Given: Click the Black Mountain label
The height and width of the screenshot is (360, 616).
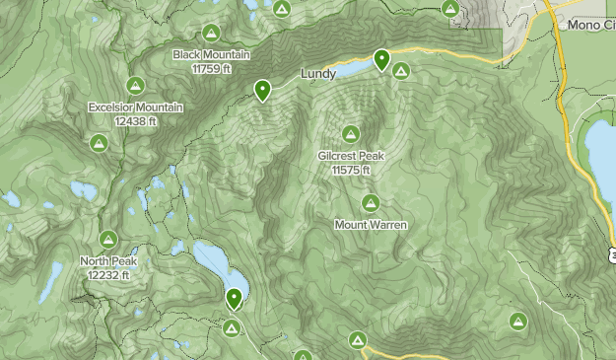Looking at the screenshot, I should point(211,55).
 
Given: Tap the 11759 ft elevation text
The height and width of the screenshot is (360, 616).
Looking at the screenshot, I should point(211,69).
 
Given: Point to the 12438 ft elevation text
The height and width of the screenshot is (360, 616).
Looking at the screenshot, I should point(135,121).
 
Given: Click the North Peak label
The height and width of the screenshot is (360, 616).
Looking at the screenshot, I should point(108,261).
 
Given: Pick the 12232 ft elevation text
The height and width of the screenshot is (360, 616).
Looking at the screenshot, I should point(108,275).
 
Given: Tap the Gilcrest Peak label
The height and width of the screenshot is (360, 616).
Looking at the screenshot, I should point(351,156).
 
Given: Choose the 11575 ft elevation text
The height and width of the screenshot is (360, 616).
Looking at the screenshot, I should point(351,170).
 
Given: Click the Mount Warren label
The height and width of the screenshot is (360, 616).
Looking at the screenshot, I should point(371,225).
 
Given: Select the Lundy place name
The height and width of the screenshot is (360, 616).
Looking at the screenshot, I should point(318,74).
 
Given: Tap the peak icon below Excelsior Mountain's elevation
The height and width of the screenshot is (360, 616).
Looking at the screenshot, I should point(99,144).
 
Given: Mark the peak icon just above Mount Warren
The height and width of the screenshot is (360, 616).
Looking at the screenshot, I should point(371,203).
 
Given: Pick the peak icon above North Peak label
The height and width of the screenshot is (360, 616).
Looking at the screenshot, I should point(108,240).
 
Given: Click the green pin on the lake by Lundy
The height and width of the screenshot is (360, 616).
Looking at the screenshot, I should point(380,60).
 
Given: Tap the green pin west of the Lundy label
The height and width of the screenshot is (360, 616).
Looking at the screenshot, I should point(262,90).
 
